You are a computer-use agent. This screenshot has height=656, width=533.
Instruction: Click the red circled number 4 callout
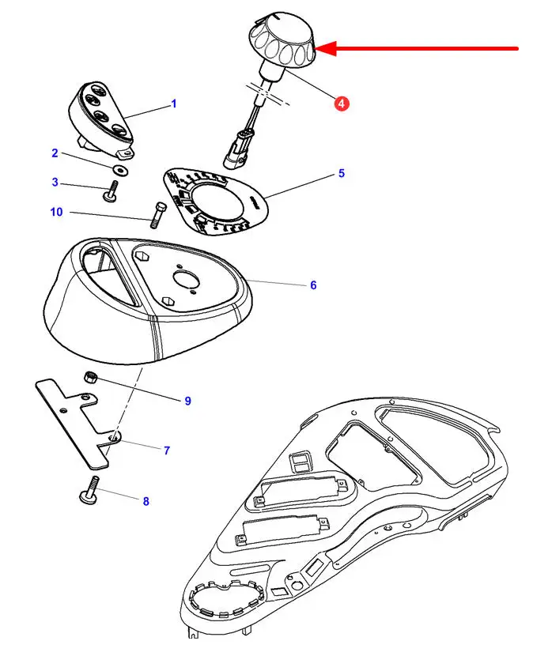tap(341, 103)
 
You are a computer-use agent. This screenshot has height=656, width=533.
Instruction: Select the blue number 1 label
tap(174, 104)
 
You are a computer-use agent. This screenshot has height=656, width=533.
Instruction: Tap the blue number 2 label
tap(55, 153)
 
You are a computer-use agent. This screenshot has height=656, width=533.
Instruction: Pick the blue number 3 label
tap(55, 183)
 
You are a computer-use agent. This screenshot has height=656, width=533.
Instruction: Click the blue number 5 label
tap(342, 173)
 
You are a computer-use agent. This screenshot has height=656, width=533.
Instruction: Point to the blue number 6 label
tap(313, 285)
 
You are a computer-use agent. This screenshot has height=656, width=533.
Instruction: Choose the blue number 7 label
tap(167, 451)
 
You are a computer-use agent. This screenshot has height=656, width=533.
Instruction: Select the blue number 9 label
tap(188, 401)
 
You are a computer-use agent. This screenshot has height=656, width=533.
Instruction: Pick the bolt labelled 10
tap(156, 212)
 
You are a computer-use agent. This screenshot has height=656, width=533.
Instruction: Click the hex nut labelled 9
tap(90, 378)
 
